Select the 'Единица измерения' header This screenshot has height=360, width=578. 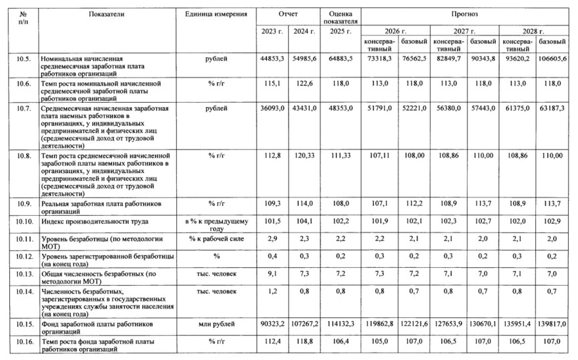coord(215,13)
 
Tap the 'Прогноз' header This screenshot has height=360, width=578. coord(465,13)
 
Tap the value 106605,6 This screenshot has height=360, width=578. coord(553,59)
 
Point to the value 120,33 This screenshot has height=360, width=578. coord(304,155)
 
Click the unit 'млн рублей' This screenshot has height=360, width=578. coord(216,324)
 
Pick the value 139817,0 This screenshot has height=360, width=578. coord(553,324)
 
